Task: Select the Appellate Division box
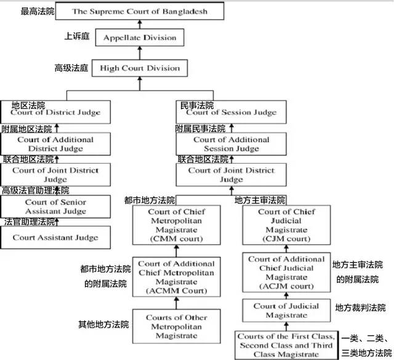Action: click(139, 38)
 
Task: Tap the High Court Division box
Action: click(140, 68)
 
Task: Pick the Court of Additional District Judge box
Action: click(55, 144)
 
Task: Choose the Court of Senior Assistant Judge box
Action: click(55, 207)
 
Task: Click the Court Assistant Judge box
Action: click(55, 237)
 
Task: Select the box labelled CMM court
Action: click(176, 225)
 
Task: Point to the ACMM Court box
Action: click(176, 277)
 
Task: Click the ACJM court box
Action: click(286, 273)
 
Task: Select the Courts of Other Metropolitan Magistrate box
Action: click(176, 327)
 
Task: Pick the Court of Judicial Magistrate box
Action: click(286, 311)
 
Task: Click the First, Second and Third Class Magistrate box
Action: click(286, 345)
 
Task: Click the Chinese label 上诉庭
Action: click(77, 37)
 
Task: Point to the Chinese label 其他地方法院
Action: click(103, 324)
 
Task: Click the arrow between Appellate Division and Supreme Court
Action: click(139, 24)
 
